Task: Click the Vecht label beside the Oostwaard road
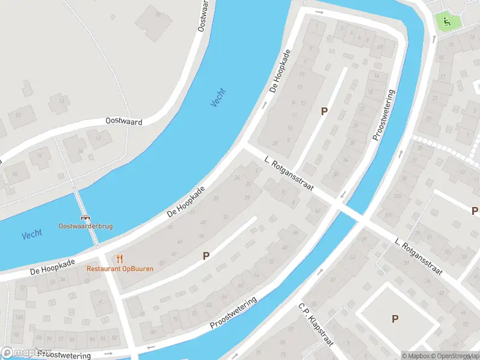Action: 218,97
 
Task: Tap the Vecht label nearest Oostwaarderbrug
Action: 32,235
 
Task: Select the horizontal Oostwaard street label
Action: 124,122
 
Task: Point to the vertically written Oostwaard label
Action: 203,16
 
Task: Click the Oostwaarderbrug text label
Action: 85,226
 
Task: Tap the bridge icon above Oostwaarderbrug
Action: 86,218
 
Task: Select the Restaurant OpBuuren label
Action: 120,268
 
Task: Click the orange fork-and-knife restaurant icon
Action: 120,259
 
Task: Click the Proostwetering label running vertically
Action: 383,115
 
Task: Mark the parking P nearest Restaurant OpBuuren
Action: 206,256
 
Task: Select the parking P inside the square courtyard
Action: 395,319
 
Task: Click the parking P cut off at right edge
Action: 475,211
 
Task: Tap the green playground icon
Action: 446,22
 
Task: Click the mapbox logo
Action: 26,353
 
